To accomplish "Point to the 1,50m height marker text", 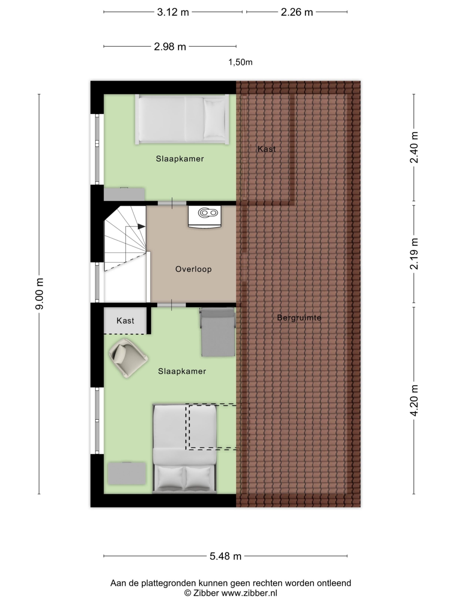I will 240,62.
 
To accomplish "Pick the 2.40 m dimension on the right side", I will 414,147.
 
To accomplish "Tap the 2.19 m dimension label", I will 414,254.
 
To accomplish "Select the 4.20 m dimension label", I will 414,400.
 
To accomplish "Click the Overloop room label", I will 193,269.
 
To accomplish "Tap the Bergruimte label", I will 299,317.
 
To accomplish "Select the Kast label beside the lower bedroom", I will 125,320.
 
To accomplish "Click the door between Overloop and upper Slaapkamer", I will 172,203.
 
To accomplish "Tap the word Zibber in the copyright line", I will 206,593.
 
